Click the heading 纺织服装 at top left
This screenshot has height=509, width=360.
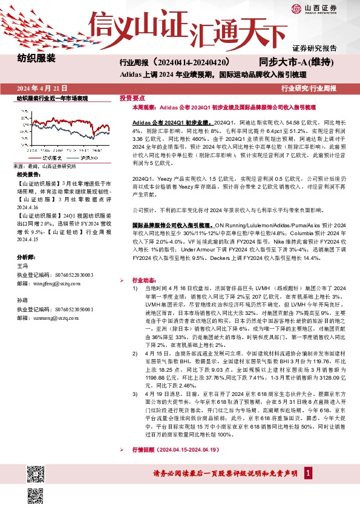pos(36,59)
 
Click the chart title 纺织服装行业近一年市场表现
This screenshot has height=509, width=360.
pos(52,97)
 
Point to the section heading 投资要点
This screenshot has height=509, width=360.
pos(132,97)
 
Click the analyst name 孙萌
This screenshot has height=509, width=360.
pos(22,300)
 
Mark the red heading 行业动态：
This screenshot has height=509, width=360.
pos(146,280)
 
